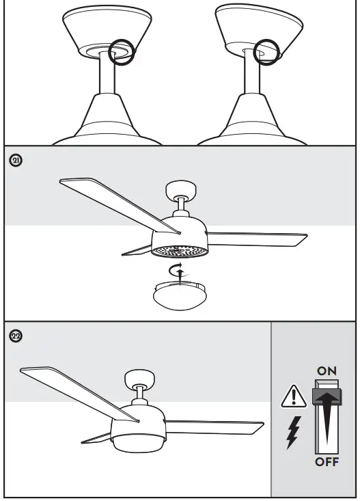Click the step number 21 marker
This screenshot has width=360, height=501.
pos(16,161)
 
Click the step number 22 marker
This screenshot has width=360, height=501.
pos(16,336)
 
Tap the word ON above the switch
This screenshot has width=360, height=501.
pos(326,370)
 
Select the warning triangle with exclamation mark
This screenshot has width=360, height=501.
pos(292,397)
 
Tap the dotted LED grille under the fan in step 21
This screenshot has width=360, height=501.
pos(179,251)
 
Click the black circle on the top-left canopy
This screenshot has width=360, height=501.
pos(122,53)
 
